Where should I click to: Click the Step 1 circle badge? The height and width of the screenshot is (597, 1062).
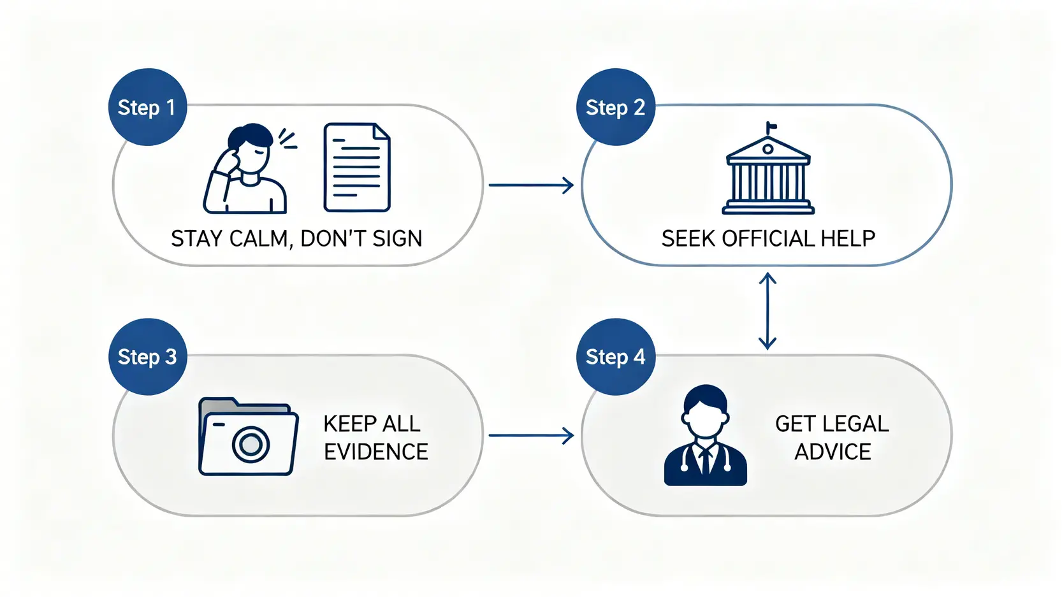[147, 107]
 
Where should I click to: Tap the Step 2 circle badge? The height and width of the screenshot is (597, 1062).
[615, 107]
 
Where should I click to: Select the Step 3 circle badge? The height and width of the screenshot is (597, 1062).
[147, 357]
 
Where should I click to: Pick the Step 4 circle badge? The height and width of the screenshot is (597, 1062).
[615, 357]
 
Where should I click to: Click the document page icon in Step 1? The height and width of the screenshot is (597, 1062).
[356, 168]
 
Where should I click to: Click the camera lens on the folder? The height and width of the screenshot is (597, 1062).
[251, 444]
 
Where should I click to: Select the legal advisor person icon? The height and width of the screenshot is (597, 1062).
[705, 436]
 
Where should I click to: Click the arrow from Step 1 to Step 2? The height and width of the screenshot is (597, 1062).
[531, 185]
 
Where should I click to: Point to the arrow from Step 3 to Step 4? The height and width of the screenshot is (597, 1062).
[531, 436]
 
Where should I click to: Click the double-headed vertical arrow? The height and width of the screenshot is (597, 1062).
[767, 311]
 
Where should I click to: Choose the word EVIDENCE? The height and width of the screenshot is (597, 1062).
[375, 452]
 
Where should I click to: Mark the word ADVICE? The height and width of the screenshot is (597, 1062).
[833, 452]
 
